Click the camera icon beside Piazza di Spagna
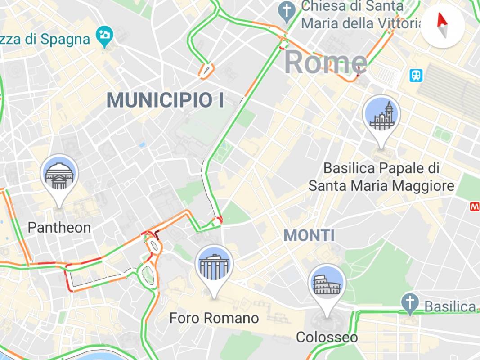(x=105, y=35)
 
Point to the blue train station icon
(x=416, y=75)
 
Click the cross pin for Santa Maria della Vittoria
(x=286, y=10)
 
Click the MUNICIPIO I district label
(x=166, y=100)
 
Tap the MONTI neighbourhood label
(x=309, y=235)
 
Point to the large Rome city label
(x=326, y=62)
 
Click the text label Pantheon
(x=59, y=228)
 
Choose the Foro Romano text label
(x=214, y=318)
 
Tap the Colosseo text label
(x=327, y=337)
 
